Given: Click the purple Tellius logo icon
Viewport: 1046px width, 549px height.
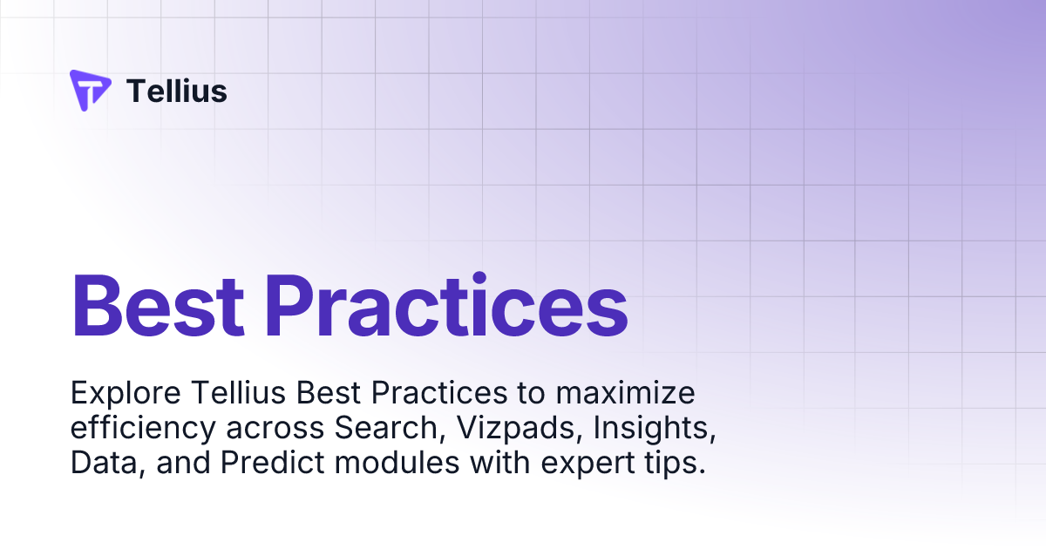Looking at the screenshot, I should pos(90,90).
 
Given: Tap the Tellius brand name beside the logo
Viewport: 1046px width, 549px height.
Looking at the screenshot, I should pos(177,91).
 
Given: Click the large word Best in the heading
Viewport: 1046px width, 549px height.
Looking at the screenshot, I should pos(157,307).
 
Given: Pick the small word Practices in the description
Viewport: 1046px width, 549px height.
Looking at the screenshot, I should pos(438,394).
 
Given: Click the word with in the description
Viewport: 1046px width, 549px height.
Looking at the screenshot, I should pos(501,464).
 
